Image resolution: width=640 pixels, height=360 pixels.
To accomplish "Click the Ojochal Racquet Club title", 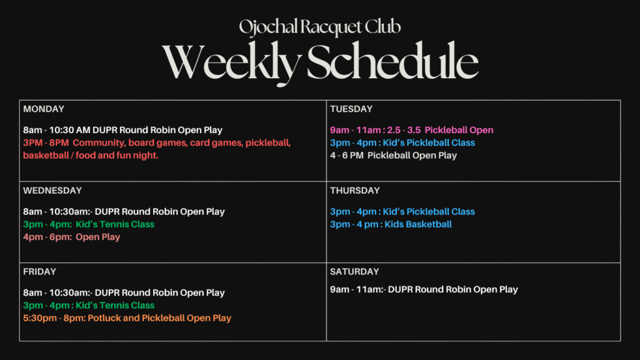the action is pyautogui.click(x=319, y=27).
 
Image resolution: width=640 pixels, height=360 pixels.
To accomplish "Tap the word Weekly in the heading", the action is pyautogui.click(x=231, y=62).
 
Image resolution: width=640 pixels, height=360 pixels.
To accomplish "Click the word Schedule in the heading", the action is pyautogui.click(x=392, y=61).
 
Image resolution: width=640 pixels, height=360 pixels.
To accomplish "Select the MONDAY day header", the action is pyautogui.click(x=44, y=109).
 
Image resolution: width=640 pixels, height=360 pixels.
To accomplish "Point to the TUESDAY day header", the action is pyautogui.click(x=351, y=109).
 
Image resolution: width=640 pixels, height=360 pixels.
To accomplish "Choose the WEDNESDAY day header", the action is pyautogui.click(x=52, y=191).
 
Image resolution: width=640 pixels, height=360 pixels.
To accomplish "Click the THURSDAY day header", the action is pyautogui.click(x=355, y=191).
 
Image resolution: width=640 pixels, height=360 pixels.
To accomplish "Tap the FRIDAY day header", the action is pyautogui.click(x=39, y=272).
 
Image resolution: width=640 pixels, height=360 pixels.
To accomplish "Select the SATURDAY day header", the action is pyautogui.click(x=354, y=272).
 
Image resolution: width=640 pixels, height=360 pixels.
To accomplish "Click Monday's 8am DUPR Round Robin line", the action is pyautogui.click(x=123, y=130).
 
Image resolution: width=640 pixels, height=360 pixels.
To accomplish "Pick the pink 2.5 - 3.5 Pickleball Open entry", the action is pyautogui.click(x=412, y=130).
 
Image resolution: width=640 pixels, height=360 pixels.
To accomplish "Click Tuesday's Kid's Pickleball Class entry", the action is pyautogui.click(x=402, y=143).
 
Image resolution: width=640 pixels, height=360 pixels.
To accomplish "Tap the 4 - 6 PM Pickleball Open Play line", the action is pyautogui.click(x=394, y=156).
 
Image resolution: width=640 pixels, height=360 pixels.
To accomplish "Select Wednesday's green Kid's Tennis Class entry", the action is pyautogui.click(x=89, y=224).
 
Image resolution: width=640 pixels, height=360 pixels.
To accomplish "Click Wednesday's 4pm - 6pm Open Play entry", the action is pyautogui.click(x=72, y=237).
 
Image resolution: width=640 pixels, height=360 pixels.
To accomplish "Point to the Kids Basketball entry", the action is pyautogui.click(x=391, y=224).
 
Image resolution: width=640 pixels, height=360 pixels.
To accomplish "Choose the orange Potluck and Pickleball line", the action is pyautogui.click(x=127, y=318).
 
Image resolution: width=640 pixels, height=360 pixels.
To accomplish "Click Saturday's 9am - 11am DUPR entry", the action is pyautogui.click(x=424, y=289).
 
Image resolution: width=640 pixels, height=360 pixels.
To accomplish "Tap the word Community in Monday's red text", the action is pyautogui.click(x=98, y=143).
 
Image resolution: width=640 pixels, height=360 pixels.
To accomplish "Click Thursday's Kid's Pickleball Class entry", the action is pyautogui.click(x=402, y=212).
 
